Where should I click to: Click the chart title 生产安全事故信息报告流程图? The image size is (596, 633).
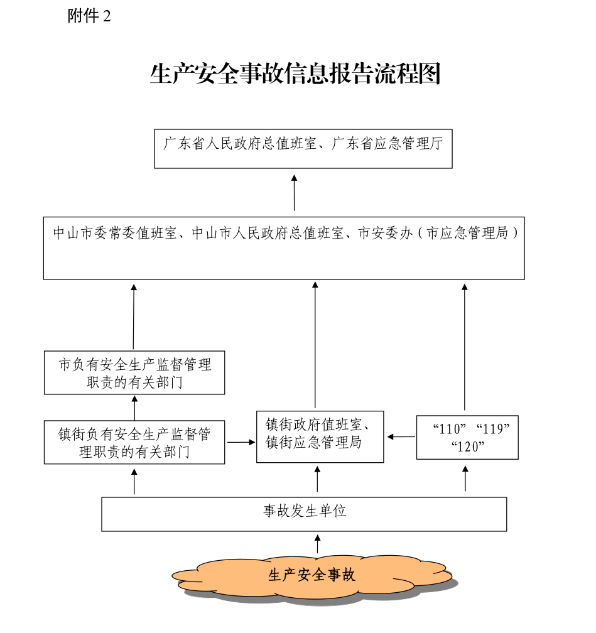[x=295, y=74]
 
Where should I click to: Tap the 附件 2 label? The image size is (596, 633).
[x=89, y=17]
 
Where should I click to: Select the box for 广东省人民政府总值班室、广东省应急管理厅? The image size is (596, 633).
[x=303, y=149]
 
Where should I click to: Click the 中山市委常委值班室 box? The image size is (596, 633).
[x=284, y=248]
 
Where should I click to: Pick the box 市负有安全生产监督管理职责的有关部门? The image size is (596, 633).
[x=134, y=373]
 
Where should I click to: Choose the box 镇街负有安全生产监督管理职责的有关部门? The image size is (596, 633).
[x=134, y=442]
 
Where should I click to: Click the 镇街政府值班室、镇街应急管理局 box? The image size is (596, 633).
[x=320, y=436]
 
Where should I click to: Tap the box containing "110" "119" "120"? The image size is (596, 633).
[x=467, y=437]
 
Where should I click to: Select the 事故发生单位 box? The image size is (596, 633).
[x=304, y=514]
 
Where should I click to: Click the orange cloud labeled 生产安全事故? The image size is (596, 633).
[x=312, y=575]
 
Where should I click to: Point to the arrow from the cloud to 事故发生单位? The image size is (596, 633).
[x=317, y=544]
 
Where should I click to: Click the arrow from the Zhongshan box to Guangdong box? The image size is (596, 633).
[x=294, y=193]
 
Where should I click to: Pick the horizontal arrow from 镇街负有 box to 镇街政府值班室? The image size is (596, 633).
[x=241, y=442]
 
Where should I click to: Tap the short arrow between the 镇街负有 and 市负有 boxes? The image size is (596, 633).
[x=134, y=408]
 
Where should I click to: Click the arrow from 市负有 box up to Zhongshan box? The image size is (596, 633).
[x=134, y=317]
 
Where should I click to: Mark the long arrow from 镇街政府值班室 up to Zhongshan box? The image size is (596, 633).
[x=315, y=345]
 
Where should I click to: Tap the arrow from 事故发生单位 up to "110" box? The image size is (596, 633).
[x=465, y=479]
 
